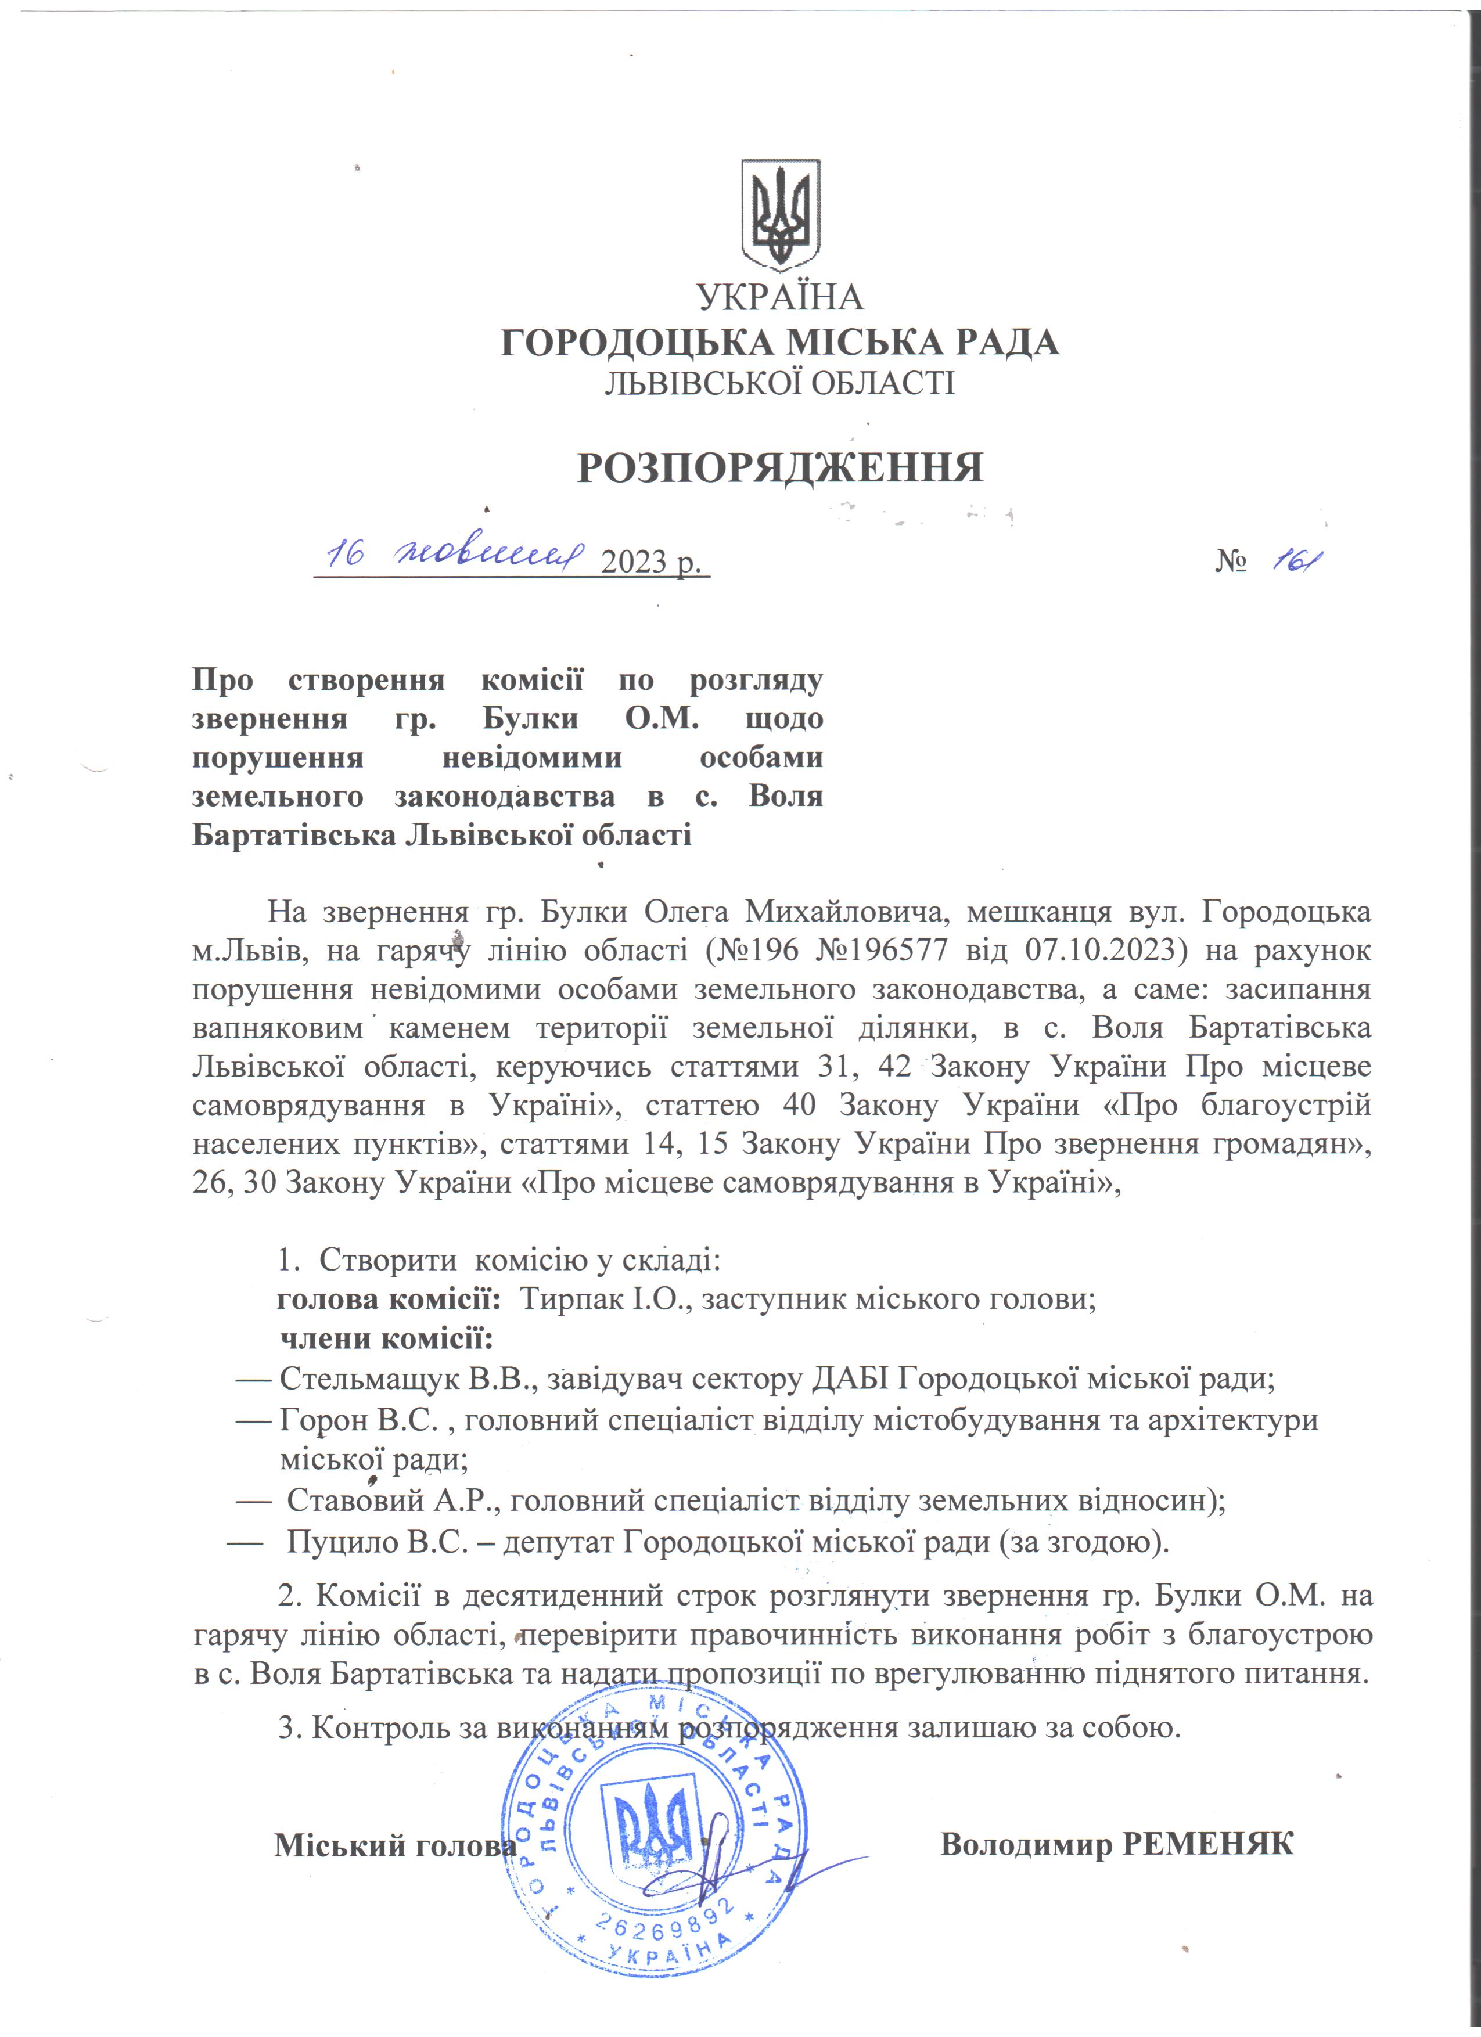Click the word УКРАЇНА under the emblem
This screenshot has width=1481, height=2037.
(779, 297)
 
